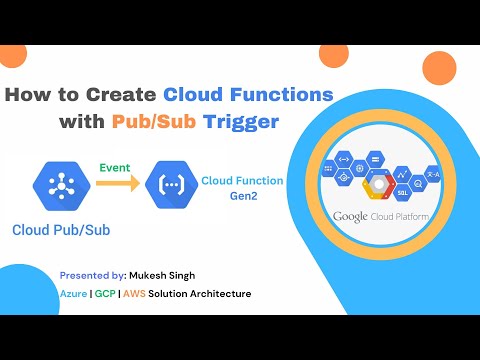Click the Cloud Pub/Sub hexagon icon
(62, 183)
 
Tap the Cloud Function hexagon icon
(164, 183)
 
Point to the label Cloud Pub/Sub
(62, 229)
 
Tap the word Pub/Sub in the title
(197, 122)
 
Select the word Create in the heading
(120, 95)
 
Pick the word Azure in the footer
(73, 293)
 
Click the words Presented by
(92, 275)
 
